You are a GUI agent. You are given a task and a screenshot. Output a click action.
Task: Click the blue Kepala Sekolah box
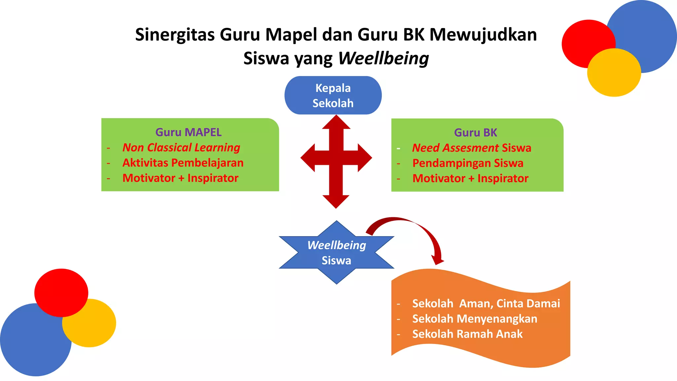coord(333,95)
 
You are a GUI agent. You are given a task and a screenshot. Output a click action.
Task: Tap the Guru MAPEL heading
coord(188,132)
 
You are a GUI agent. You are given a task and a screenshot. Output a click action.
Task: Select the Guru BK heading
coord(475,133)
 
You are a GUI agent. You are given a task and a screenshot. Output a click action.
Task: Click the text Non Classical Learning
coord(181,148)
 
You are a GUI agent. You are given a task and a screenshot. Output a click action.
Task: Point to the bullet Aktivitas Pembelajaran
coord(183,163)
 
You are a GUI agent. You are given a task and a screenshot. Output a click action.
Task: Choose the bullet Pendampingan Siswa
coord(468,163)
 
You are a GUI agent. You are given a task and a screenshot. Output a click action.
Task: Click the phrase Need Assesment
coord(455,148)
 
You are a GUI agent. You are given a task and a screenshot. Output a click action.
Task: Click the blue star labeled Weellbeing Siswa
coord(337,253)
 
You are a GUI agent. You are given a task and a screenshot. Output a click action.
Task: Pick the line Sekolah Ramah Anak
coord(467,334)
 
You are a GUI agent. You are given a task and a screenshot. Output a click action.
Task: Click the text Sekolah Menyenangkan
coord(475,319)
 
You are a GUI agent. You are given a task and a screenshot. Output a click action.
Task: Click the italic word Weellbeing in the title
coord(383,59)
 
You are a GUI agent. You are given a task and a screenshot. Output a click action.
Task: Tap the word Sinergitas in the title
coord(175,35)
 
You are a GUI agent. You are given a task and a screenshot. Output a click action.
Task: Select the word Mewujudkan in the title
coord(483,35)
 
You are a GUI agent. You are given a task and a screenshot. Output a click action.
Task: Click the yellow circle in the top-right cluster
coord(614,73)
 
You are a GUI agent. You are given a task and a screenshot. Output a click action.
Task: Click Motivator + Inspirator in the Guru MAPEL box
coord(180,178)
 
